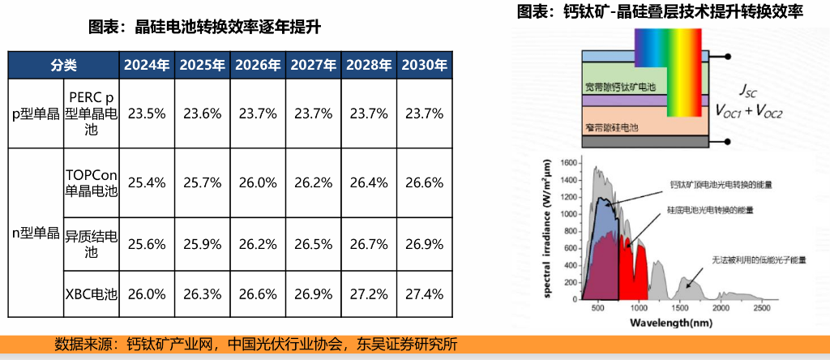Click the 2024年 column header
click(147, 65)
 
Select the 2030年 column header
click(424, 65)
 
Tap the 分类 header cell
click(63, 65)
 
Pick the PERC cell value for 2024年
click(147, 114)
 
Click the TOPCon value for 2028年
click(368, 183)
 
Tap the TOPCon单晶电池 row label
click(91, 183)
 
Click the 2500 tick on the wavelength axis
click(761, 308)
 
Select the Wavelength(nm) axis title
click(670, 323)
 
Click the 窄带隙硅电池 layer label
click(612, 128)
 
